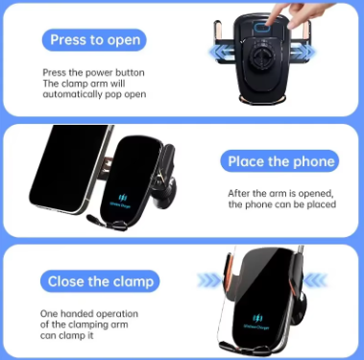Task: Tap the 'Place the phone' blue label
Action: tap(279, 160)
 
